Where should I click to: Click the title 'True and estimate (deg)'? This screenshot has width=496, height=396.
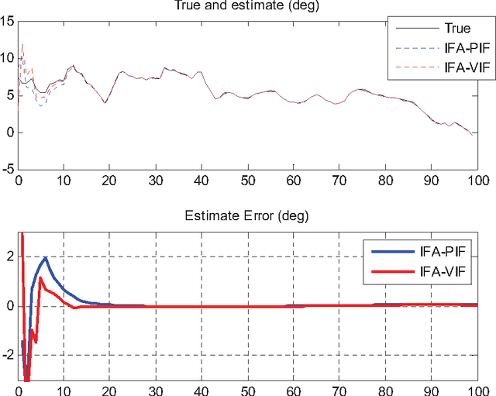(247, 7)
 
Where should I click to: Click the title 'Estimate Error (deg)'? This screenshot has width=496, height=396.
(247, 218)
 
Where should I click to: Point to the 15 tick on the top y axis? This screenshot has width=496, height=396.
(8, 21)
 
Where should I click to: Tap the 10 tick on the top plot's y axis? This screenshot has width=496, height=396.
(8, 58)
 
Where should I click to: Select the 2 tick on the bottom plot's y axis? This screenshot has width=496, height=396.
(10, 257)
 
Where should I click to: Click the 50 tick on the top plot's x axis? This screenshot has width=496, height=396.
(247, 181)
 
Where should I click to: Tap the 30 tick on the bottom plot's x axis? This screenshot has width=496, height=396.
(156, 390)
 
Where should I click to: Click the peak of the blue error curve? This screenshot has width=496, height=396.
(46, 258)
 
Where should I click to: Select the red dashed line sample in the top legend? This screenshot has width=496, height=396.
(408, 68)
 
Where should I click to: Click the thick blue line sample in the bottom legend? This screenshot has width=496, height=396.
(387, 251)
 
